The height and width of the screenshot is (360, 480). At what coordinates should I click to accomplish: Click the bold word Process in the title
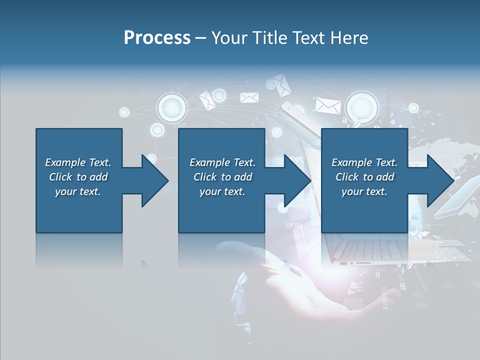157,38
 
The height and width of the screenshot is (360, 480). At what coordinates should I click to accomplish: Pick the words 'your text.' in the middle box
222,191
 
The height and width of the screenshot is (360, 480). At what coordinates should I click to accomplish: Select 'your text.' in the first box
78,191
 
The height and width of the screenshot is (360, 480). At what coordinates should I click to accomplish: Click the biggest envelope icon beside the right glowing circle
328,105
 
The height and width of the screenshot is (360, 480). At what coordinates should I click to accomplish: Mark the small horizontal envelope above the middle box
249,97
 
